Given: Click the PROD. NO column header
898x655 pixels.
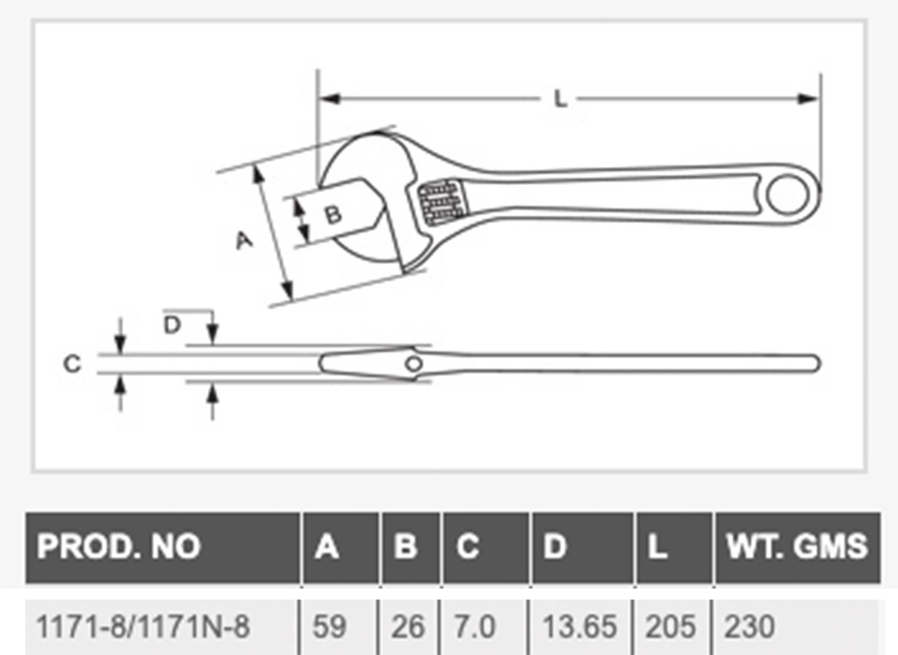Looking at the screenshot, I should click(119, 546).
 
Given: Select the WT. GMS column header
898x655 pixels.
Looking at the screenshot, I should click(796, 546).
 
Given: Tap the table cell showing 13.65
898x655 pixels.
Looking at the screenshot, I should click(579, 627).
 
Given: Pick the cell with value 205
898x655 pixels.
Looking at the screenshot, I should click(670, 627).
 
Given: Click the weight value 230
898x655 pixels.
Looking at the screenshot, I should click(750, 627).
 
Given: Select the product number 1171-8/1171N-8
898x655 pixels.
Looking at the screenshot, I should click(143, 627).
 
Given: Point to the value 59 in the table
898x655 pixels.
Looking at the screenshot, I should click(329, 627).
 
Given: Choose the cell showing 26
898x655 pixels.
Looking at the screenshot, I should click(408, 627).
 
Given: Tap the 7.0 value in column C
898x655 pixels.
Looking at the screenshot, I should click(475, 627).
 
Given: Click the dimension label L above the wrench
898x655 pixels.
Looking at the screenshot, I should click(560, 99).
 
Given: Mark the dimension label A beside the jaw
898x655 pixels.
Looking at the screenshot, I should click(244, 240).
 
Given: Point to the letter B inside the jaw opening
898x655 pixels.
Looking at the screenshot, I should click(333, 214).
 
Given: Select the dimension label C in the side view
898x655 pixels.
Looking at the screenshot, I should click(72, 364).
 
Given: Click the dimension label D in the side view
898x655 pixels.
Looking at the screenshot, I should click(172, 325).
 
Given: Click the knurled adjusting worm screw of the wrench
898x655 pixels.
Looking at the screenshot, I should click(442, 203).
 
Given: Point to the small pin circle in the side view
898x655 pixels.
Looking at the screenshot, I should click(414, 363).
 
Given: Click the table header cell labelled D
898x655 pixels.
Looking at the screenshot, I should click(554, 546).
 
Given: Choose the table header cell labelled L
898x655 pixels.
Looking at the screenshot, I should click(657, 546).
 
